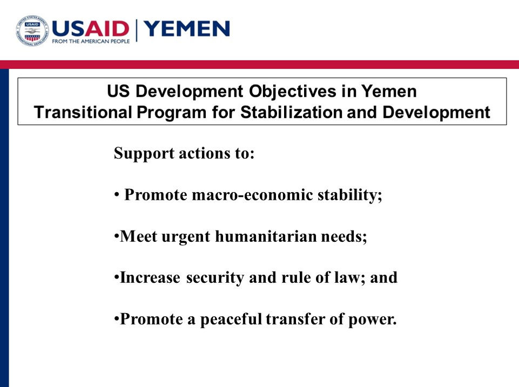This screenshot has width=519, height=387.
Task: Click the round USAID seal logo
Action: coord(32,30)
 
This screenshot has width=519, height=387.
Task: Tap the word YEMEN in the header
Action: coord(187,29)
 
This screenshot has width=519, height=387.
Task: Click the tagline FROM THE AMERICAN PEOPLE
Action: coord(91,42)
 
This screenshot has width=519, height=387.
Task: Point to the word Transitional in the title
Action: coord(83,112)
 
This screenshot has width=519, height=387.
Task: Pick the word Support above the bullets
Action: coord(144,154)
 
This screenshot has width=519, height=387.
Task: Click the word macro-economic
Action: coord(252,194)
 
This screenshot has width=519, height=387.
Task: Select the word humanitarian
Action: coord(266,236)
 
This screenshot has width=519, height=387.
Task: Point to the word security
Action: coord(215,278)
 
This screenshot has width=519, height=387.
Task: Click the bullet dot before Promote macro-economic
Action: coord(117,194)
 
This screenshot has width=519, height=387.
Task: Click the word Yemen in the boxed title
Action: coord(389,91)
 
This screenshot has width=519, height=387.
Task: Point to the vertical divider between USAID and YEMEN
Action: coord(137,30)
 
